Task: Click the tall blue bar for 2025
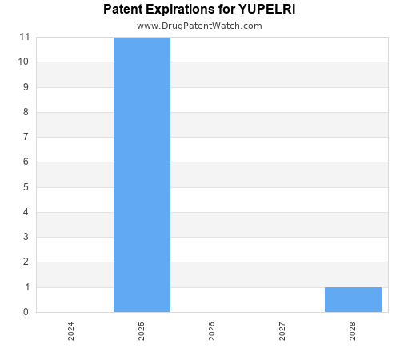point(142,174)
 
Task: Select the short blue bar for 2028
point(353,299)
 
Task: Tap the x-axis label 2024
point(71,331)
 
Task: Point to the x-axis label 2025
point(142,331)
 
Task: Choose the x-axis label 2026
point(212,331)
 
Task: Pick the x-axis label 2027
point(282,331)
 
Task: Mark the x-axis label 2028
point(353,331)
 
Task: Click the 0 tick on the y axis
point(26,312)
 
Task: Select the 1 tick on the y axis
point(26,287)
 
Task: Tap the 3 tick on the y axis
point(26,237)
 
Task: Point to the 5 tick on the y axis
point(26,187)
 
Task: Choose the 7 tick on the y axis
point(26,137)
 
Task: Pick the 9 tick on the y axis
point(26,87)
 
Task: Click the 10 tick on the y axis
point(24,62)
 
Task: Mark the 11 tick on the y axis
point(24,37)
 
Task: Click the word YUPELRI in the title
point(267,10)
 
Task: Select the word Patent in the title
point(123,10)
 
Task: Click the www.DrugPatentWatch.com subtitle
point(199,26)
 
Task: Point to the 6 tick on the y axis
point(26,162)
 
